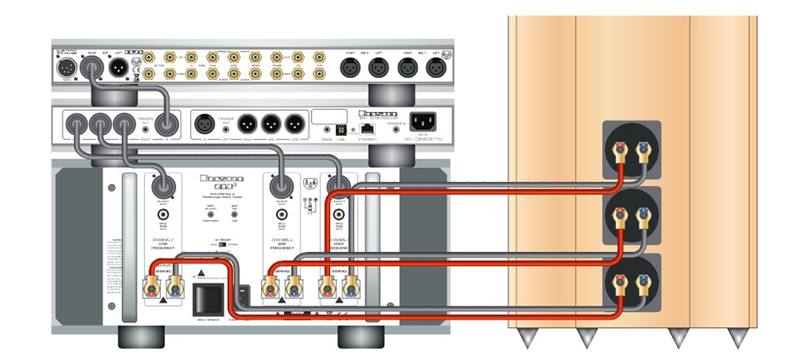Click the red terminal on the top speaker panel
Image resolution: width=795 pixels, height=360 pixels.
[x=622, y=149]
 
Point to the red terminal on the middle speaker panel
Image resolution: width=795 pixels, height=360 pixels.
[x=622, y=216]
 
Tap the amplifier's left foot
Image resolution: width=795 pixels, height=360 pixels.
[x=134, y=335]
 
